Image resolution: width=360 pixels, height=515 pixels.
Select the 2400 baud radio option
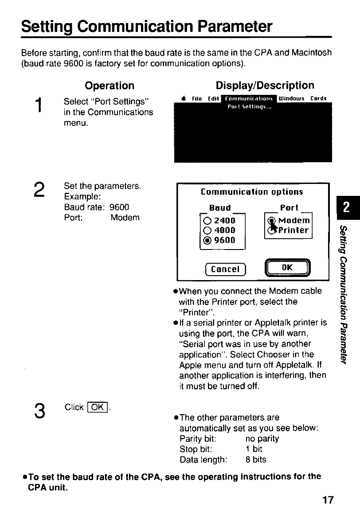coord(207,220)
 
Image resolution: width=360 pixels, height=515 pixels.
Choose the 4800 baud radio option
coord(207,230)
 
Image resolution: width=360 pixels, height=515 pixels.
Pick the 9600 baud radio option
coord(207,240)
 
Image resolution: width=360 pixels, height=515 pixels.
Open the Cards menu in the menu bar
coord(319,98)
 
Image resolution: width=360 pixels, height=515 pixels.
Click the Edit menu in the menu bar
coord(215,98)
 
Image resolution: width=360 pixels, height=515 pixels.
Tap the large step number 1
coord(40,107)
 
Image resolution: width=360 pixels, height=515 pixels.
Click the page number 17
coord(328,500)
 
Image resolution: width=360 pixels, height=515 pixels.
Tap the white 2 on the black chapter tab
coord(347,208)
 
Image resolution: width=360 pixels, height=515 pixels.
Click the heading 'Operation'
coord(110,85)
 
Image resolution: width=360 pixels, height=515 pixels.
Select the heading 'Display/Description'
coord(265,85)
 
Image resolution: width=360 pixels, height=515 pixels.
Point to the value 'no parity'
coord(262,439)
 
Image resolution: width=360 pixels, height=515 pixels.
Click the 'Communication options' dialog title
coord(252,192)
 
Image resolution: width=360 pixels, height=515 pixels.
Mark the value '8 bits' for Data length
coord(256,460)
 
